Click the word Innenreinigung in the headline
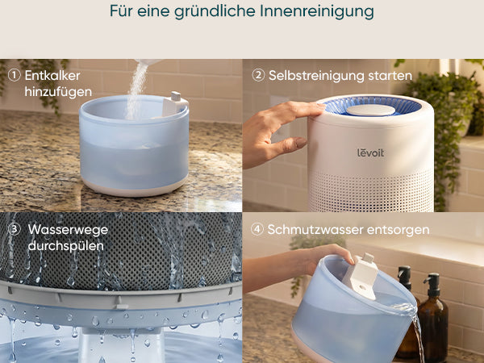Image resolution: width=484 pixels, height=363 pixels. click(x=317, y=11)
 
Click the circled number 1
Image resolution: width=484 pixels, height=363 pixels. click(x=14, y=75)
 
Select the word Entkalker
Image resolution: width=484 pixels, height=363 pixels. click(x=52, y=76)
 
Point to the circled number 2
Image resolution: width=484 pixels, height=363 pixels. click(x=258, y=75)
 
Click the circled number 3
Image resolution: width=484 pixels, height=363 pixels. click(x=15, y=229)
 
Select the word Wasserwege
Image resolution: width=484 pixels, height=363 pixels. click(x=68, y=230)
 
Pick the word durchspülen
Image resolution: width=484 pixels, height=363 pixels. click(x=66, y=246)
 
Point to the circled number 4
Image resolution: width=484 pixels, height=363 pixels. click(x=257, y=229)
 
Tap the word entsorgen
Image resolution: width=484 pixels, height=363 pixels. click(x=398, y=230)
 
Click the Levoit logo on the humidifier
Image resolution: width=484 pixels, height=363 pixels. click(x=371, y=152)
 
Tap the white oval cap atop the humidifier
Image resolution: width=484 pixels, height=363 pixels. click(x=371, y=111)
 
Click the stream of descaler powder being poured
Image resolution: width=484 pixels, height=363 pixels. click(x=136, y=90)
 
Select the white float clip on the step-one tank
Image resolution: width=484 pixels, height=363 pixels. click(x=174, y=103)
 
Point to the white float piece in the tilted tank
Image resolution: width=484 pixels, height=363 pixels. click(x=361, y=275)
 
